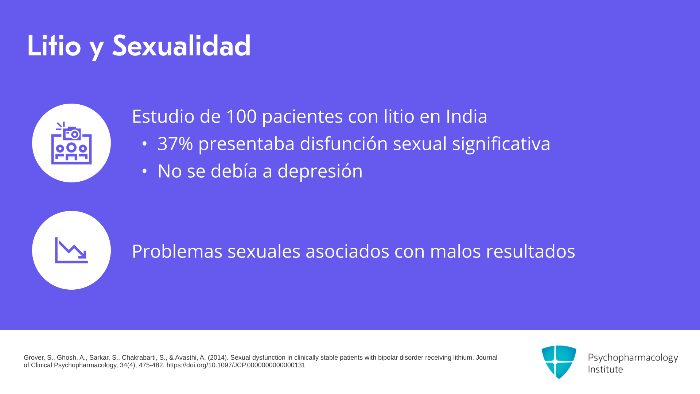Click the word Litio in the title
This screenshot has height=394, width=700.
point(54,46)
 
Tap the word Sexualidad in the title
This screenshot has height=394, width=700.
point(181,46)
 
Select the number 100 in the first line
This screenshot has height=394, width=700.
point(241,116)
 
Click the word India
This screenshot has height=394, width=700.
point(467,116)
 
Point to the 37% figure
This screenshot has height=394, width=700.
point(175,144)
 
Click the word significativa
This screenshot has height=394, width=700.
point(501,144)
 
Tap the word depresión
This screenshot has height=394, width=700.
point(320,171)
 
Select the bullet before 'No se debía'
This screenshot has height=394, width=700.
point(144,171)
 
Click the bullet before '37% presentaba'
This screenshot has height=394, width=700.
point(144,144)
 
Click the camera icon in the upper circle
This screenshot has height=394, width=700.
point(71,143)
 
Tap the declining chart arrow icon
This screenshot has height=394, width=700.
point(71,250)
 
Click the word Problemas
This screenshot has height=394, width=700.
point(177,251)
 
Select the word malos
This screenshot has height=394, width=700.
point(455,251)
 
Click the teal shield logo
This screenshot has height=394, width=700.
point(559,362)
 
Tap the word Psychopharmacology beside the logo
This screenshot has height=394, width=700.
point(633,358)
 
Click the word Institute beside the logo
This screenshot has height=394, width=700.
point(605,370)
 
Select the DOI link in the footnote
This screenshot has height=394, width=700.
point(236,365)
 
